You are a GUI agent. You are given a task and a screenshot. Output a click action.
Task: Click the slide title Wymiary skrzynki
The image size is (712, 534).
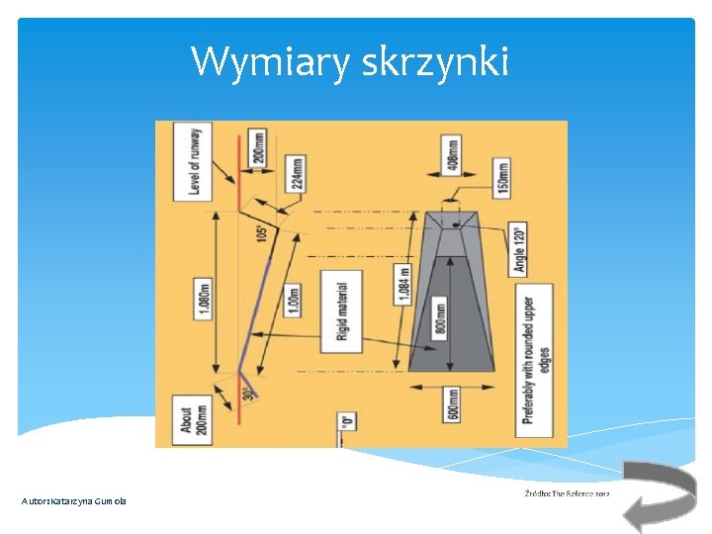point(350,62)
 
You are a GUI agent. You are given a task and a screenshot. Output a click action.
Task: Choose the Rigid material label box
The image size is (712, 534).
point(342,311)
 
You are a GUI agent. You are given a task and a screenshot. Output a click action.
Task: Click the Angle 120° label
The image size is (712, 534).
point(518,248)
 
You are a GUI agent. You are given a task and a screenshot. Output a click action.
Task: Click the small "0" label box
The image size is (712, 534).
point(346,421)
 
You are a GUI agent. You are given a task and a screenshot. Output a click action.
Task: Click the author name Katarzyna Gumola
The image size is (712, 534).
point(74,501)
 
